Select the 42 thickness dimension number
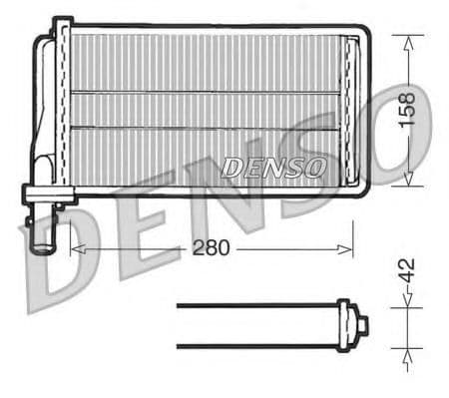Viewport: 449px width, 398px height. [x=406, y=272]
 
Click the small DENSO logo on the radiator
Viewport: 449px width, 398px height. [x=272, y=168]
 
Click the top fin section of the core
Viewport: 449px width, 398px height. [x=205, y=63]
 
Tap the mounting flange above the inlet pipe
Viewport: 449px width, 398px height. [x=45, y=194]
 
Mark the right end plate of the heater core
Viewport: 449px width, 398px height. [x=351, y=110]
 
